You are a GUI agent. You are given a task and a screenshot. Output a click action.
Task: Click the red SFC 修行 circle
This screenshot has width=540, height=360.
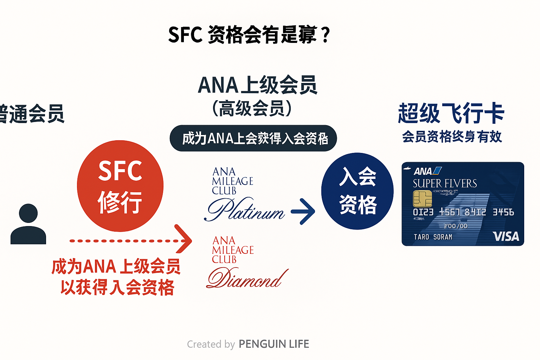[120, 186]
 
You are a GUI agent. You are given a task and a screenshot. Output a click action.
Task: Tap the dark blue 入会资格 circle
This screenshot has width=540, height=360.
[357, 191]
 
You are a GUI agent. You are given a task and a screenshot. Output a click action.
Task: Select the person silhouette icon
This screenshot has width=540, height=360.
[28, 224]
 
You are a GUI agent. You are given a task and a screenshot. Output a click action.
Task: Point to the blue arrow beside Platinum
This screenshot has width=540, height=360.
[303, 211]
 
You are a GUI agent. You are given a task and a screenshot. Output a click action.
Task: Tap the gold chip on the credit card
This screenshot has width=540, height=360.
[422, 199]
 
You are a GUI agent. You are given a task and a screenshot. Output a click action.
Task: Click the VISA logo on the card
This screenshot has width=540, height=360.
[506, 236]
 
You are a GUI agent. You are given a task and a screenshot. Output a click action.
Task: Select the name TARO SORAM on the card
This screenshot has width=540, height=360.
[433, 237]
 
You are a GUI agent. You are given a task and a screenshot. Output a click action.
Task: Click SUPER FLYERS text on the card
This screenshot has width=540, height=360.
[445, 184]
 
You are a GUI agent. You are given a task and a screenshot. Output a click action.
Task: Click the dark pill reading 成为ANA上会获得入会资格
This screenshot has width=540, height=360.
[253, 138]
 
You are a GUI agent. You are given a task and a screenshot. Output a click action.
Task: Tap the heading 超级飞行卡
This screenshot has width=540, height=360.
[451, 113]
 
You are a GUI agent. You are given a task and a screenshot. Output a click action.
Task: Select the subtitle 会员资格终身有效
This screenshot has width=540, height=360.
[452, 136]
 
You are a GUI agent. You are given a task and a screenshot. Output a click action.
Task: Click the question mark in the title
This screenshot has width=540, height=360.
[326, 35]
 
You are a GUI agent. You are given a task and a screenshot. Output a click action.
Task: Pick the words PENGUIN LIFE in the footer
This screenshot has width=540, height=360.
[274, 344]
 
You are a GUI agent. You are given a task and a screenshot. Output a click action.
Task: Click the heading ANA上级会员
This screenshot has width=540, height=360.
[257, 85]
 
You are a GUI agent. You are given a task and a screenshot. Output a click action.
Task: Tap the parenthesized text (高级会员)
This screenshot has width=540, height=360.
[252, 108]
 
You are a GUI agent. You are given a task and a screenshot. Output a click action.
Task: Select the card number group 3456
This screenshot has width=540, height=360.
[503, 212]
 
